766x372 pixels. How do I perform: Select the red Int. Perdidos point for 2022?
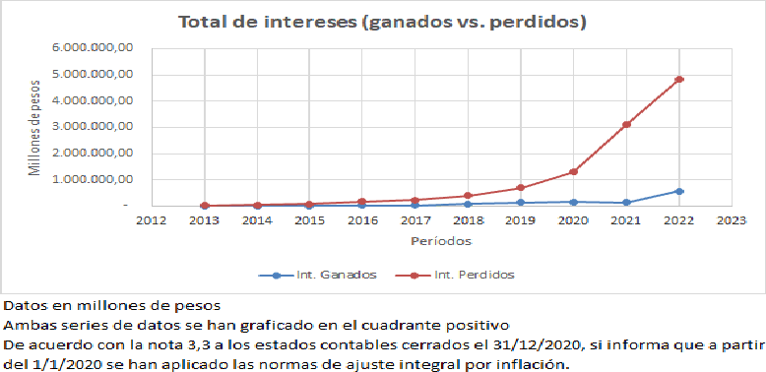click(678, 80)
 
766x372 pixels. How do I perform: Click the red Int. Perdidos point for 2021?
click(626, 124)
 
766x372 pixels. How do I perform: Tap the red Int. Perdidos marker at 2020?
click(573, 172)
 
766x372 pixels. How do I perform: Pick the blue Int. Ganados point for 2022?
click(678, 191)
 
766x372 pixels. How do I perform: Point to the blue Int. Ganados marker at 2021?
click(626, 203)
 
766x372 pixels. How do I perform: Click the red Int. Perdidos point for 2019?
click(521, 188)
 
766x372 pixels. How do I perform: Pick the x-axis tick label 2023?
click(731, 220)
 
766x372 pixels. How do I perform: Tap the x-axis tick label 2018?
click(468, 220)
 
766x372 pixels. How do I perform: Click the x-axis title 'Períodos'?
click(441, 240)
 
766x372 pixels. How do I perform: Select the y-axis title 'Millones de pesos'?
click(35, 127)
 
